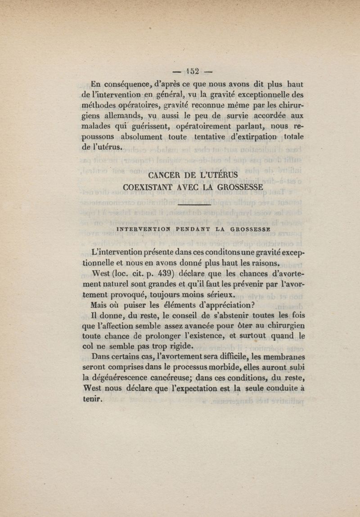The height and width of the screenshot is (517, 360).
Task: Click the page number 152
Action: coord(194,71)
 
